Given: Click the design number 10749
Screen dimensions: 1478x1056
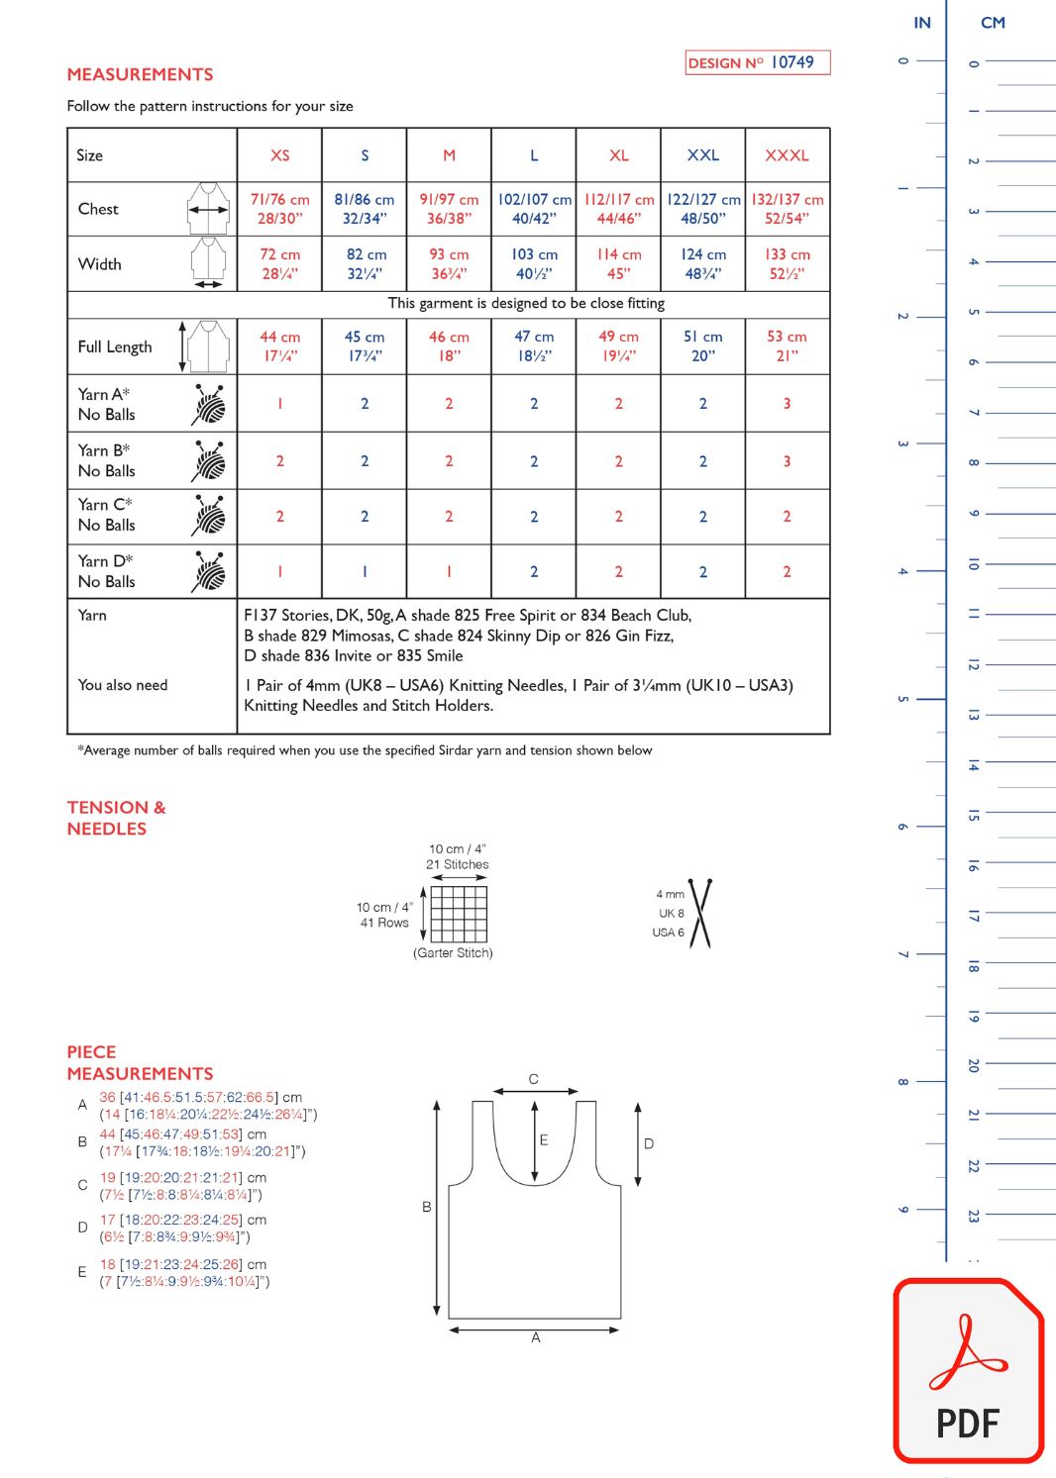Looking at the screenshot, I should pos(792,62).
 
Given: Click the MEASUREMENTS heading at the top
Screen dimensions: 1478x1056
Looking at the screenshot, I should pos(140,74).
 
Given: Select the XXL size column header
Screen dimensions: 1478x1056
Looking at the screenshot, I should pos(702,155).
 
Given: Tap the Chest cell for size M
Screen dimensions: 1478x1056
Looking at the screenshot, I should pos(449,209).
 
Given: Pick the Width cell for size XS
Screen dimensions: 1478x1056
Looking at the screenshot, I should pos(279,264).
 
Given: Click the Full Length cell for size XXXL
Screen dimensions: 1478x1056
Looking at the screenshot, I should pos(787,346).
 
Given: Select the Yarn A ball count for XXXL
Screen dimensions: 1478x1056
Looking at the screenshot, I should pos(787,404).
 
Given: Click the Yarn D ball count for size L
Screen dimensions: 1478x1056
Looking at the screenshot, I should pos(534,572).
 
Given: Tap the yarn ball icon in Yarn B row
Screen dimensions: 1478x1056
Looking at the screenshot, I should pos(209,461).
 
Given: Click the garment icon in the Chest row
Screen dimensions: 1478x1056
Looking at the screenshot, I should pos(208,209).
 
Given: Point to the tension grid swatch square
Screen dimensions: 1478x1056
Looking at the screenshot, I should pos(459,914).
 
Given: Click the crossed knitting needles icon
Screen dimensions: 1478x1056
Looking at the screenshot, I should pos(700,914).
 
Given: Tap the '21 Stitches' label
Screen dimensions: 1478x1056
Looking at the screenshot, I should pos(457,864).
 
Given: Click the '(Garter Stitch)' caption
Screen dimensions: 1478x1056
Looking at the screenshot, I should pos(453,953).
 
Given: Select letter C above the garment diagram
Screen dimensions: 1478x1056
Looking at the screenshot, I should pos(533,1079).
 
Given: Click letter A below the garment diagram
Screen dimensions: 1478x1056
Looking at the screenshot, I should pos(536,1337).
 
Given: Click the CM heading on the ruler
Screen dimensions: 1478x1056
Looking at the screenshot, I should pos(993,23).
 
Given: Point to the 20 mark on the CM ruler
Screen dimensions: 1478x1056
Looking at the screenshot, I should pos(973,1065).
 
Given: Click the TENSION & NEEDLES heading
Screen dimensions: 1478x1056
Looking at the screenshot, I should pos(116,818).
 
